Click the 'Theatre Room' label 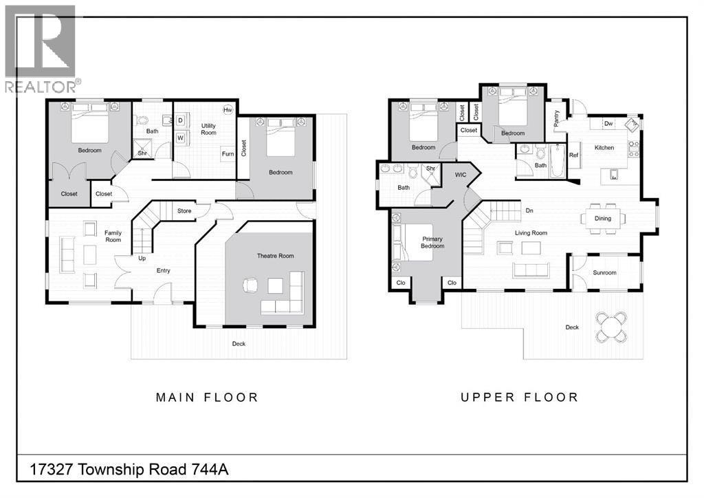[275, 256]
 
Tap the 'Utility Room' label [208, 129]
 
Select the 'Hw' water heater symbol [227, 110]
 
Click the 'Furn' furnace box [227, 154]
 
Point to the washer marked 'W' [180, 138]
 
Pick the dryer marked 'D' [180, 120]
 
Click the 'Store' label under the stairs [184, 211]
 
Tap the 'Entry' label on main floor [163, 270]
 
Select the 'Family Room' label [113, 236]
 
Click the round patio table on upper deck [611, 327]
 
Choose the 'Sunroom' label [604, 272]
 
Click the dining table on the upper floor [602, 219]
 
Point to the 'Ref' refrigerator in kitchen [573, 155]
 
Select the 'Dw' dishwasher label [608, 124]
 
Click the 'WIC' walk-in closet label [460, 175]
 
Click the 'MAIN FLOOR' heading [207, 397]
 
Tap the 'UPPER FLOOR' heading [519, 397]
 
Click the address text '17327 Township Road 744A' [129, 470]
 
